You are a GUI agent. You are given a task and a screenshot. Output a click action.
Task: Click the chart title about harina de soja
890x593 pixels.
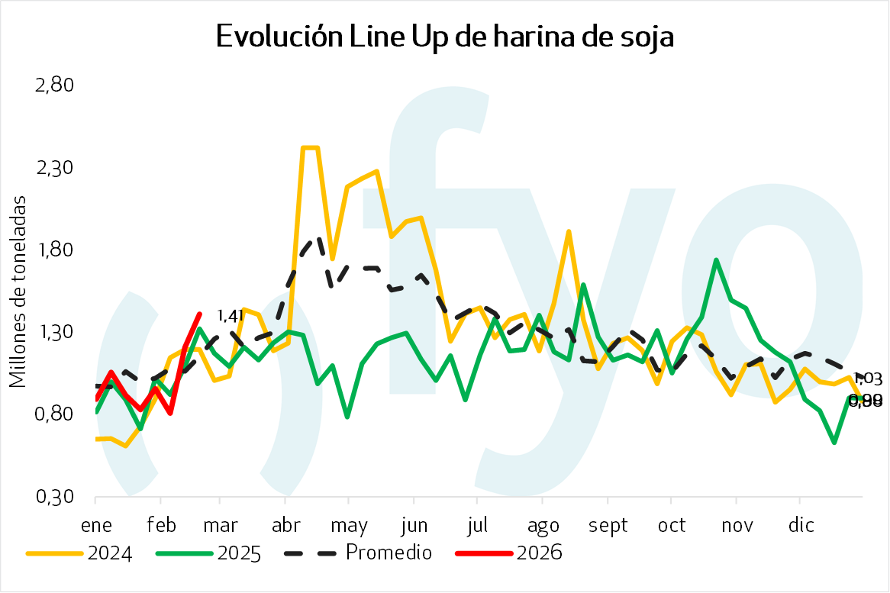445,37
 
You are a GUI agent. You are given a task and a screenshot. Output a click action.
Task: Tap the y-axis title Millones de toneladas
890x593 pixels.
18,291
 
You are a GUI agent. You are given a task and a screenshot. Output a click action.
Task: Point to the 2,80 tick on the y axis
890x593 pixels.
54,85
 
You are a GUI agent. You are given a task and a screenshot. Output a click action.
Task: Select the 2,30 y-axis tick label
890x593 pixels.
54,167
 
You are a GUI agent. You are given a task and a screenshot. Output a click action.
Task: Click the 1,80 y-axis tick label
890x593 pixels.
54,250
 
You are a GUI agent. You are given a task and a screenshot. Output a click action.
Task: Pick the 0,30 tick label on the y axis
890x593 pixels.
54,497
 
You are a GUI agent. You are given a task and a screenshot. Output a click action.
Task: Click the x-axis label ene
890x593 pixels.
95,525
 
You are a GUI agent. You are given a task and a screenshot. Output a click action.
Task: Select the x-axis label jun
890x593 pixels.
413,525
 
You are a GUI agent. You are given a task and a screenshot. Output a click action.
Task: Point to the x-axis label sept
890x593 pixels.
608,526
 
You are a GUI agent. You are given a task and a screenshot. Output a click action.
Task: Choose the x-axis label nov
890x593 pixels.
737,525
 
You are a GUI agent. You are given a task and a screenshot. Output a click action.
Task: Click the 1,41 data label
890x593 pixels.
230,315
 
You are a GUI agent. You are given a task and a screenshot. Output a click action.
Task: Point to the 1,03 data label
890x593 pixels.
868,379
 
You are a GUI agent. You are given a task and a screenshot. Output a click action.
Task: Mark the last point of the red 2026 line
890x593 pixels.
200,314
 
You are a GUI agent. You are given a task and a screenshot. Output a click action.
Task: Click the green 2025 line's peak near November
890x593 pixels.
716,260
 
